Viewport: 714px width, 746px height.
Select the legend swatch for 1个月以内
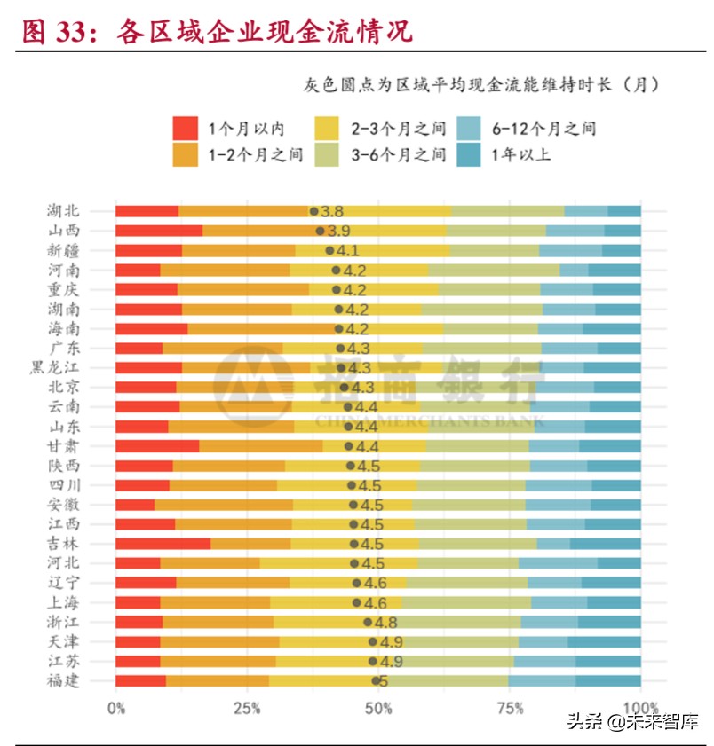185,128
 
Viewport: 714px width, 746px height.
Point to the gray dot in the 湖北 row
313,211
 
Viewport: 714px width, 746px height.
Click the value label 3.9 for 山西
339,231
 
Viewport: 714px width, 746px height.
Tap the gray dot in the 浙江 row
368,622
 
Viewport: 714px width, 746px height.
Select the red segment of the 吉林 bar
163,544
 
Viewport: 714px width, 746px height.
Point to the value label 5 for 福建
385,681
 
